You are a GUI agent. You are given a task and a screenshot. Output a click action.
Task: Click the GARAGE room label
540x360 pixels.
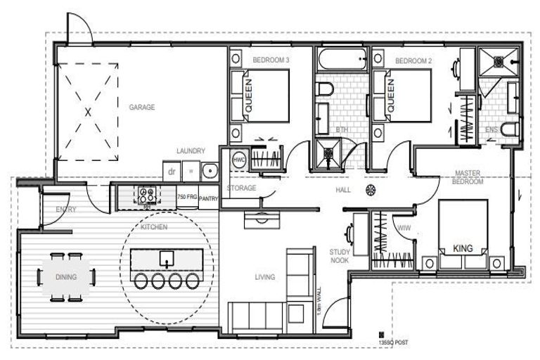pos(141,108)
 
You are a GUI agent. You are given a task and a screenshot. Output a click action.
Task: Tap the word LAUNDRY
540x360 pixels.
pos(191,150)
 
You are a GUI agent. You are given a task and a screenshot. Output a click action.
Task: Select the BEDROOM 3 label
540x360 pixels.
pos(271,61)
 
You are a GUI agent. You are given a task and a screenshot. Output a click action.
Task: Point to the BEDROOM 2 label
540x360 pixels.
pos(413,61)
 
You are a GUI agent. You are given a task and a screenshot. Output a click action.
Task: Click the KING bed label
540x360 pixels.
pos(462,248)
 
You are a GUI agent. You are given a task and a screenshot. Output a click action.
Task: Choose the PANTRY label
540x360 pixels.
pos(209,199)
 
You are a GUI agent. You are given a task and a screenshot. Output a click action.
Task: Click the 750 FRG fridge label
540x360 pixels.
pos(186,197)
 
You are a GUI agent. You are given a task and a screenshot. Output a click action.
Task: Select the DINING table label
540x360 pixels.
pos(66,277)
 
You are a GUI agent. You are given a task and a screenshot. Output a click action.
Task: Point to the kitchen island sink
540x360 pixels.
pos(167,258)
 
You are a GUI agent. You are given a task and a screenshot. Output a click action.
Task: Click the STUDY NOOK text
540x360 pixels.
pos(340,255)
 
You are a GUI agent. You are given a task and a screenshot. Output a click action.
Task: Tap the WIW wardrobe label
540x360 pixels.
pos(404,228)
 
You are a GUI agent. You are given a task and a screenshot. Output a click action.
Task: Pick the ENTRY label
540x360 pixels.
pos(65,209)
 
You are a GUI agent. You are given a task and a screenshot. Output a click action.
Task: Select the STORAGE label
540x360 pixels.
pos(240,188)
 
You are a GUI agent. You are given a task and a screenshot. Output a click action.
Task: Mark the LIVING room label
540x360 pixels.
pos(264,277)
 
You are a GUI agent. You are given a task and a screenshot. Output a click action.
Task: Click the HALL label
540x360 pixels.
pos(342,191)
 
